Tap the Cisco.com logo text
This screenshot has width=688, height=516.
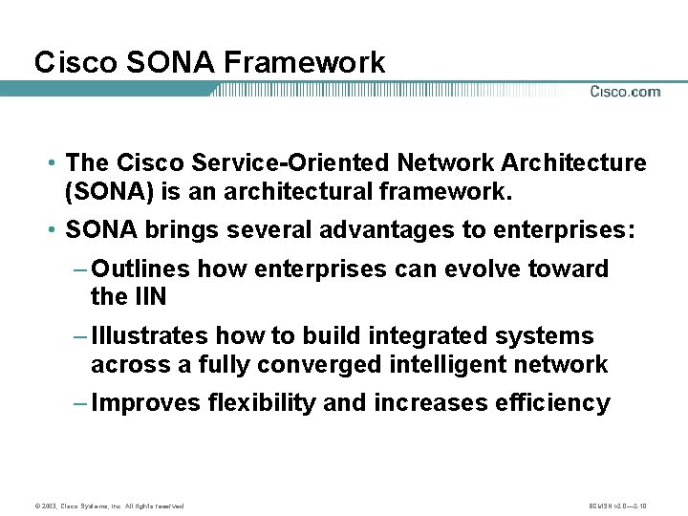(x=625, y=92)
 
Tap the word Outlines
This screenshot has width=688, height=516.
(x=140, y=269)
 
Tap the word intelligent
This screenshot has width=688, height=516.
(x=460, y=364)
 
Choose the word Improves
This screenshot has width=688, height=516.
(x=146, y=402)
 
